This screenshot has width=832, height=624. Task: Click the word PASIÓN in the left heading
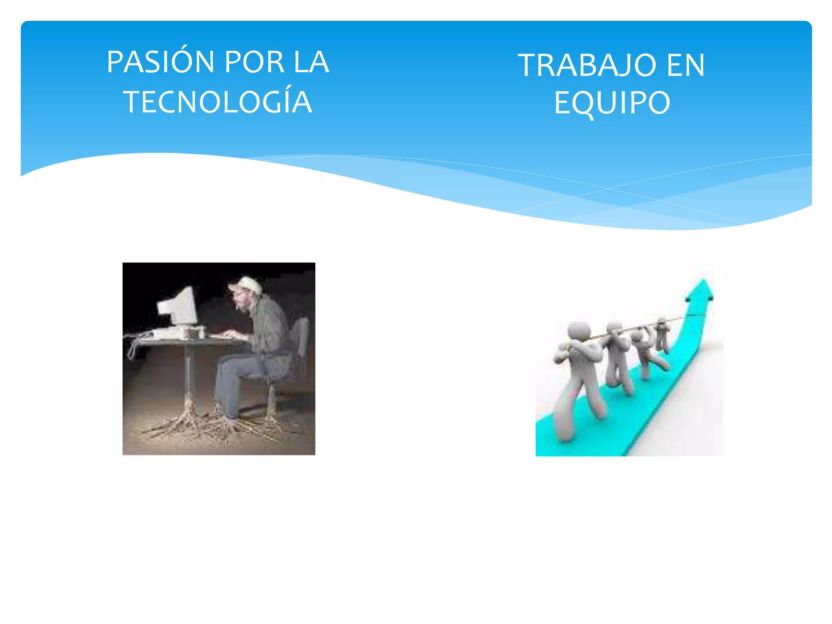pyautogui.click(x=160, y=62)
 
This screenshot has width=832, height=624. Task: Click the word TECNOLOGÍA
pyautogui.click(x=218, y=102)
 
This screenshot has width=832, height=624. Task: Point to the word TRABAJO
pyautogui.click(x=587, y=65)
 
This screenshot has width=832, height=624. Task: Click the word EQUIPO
pyautogui.click(x=612, y=103)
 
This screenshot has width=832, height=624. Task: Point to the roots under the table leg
pyautogui.click(x=188, y=422)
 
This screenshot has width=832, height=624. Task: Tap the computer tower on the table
pyautogui.click(x=193, y=332)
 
